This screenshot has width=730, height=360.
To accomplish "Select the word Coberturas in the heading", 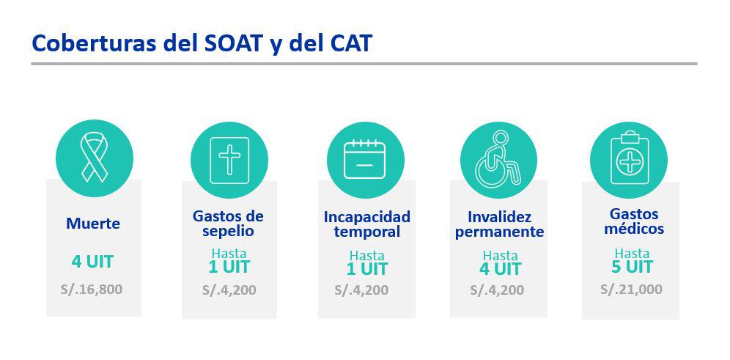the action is pos(94,43).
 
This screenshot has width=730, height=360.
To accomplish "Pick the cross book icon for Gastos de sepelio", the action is pos(229,161).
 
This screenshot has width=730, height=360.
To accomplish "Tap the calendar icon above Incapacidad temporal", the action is pos(364,159).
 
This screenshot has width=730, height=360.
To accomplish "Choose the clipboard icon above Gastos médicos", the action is pos(630,159).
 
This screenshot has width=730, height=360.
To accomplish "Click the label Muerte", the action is pos(93,224).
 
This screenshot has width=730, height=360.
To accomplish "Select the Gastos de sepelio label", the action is pos(228,224).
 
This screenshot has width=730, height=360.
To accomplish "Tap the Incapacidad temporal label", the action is pos(367,224).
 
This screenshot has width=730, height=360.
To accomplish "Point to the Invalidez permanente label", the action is pos(500,224).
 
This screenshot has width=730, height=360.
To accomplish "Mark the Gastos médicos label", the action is pos(634,221).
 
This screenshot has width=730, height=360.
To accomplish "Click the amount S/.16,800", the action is pos(92,289).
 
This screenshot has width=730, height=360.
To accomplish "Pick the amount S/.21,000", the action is pos(631,289).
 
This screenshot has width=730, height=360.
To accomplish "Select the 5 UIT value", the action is pos(633,267).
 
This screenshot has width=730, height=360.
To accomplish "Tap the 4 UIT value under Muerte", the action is pos(92,262).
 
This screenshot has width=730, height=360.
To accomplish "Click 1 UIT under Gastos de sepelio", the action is pos(229,267).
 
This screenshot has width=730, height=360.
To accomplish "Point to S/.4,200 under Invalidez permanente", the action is pos(497,290).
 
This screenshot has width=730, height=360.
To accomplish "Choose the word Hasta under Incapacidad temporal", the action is pos(367,256).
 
